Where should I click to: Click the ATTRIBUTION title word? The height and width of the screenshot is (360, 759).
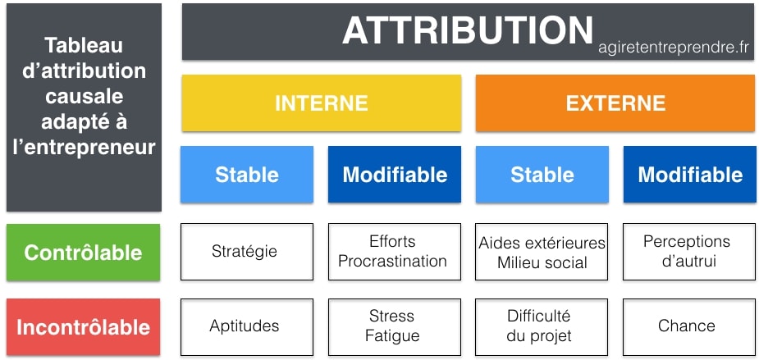pyautogui.click(x=468, y=30)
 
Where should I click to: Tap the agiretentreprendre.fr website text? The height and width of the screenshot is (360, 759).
pyautogui.click(x=674, y=48)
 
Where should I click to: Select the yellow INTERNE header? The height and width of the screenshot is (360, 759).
pyautogui.click(x=322, y=103)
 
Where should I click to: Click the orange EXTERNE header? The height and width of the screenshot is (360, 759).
pyautogui.click(x=615, y=103)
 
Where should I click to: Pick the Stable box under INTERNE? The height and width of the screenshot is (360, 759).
pyautogui.click(x=247, y=175)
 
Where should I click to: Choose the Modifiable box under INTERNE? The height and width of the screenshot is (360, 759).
pyautogui.click(x=395, y=175)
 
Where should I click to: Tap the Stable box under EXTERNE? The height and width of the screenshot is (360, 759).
pyautogui.click(x=542, y=175)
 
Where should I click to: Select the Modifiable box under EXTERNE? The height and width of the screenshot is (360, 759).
pyautogui.click(x=690, y=175)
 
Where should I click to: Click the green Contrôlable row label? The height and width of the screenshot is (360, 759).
pyautogui.click(x=83, y=252)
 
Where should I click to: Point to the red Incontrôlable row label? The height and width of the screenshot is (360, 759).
pyautogui.click(x=83, y=327)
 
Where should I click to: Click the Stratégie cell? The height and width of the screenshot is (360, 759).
pyautogui.click(x=247, y=252)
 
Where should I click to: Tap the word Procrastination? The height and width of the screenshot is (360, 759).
pyautogui.click(x=392, y=262)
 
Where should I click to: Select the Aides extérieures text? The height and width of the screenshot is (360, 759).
pyautogui.click(x=542, y=243)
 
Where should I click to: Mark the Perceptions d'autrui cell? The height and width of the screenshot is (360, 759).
pyautogui.click(x=689, y=252)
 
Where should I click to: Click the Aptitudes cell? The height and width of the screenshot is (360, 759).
pyautogui.click(x=247, y=327)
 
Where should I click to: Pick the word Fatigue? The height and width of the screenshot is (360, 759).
pyautogui.click(x=392, y=335)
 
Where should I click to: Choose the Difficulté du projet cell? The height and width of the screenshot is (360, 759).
pyautogui.click(x=542, y=327)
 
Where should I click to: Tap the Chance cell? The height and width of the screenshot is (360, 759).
pyautogui.click(x=689, y=327)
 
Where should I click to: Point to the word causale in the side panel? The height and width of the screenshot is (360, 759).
pyautogui.click(x=85, y=96)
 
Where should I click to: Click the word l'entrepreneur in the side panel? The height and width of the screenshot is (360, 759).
pyautogui.click(x=85, y=148)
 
